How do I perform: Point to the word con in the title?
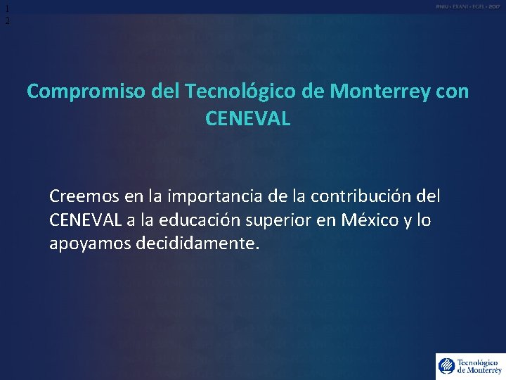click(450, 91)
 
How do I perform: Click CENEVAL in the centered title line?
click(248, 119)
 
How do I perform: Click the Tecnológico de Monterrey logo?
click(469, 365)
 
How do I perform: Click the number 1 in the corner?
click(7, 8)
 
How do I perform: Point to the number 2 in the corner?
click(7, 21)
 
